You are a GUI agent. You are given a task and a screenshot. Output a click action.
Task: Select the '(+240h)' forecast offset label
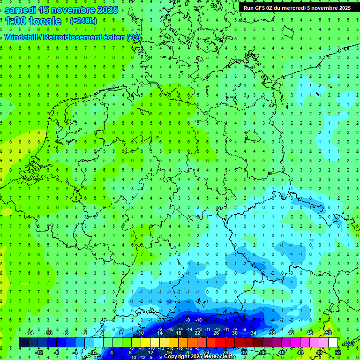(83, 21)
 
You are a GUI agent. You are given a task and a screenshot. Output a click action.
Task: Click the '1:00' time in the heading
(15, 21)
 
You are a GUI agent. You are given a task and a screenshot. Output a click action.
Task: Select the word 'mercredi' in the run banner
(297, 8)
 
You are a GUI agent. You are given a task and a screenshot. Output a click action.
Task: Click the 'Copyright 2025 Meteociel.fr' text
(200, 356)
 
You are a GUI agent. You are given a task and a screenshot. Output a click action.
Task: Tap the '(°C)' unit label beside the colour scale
(348, 343)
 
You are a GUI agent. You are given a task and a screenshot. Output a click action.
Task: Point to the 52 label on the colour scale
(338, 352)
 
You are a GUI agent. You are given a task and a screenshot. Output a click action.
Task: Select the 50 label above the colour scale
(329, 332)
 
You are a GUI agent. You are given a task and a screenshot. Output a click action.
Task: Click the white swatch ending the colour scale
(333, 343)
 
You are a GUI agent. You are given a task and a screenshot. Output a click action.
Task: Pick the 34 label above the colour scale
(254, 332)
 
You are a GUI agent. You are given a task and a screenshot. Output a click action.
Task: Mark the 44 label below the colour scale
(300, 352)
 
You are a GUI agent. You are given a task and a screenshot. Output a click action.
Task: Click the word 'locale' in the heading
(45, 21)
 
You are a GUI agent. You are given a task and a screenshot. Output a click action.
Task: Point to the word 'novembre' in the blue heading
(71, 9)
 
